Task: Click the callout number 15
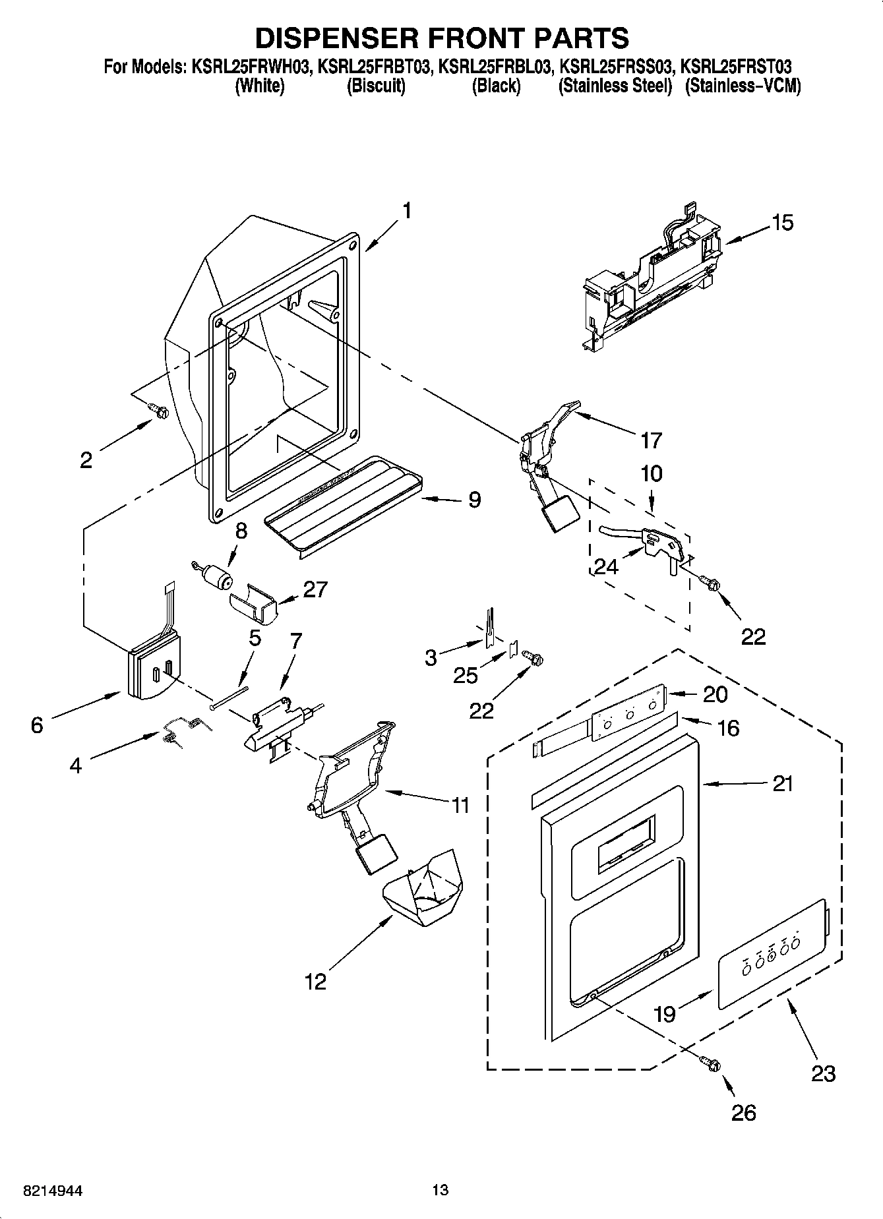(782, 223)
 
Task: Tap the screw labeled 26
(711, 1063)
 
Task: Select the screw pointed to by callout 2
(159, 410)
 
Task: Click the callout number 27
(315, 589)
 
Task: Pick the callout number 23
(824, 1074)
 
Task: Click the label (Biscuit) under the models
(375, 86)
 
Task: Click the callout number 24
(606, 566)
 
